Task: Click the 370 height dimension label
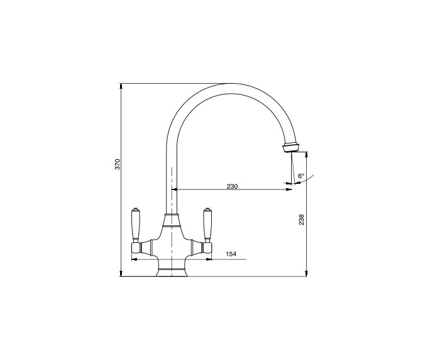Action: coord(118,164)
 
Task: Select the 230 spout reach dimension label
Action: coord(232,186)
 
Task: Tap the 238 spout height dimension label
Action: coord(301,220)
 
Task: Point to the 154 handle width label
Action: coord(231,254)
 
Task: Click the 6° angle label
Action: coord(301,176)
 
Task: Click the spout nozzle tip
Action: coord(290,148)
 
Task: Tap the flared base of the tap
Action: coord(172,272)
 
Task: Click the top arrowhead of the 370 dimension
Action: coord(121,86)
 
